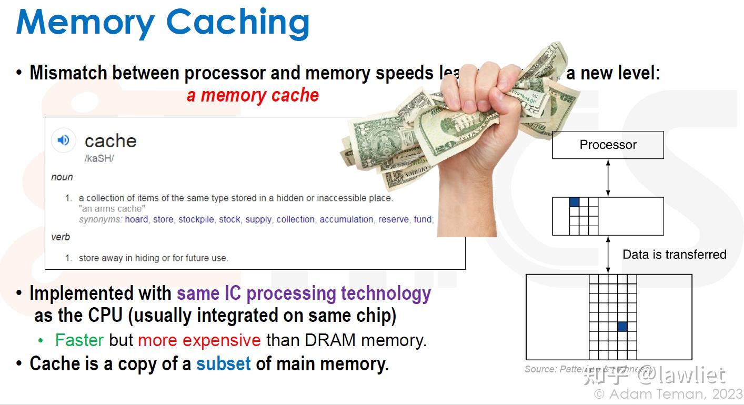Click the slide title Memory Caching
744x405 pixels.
(x=163, y=22)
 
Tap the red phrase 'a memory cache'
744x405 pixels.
(x=253, y=95)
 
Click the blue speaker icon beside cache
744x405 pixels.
(x=63, y=140)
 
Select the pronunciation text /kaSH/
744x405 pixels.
(x=99, y=158)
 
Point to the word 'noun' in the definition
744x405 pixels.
(x=62, y=177)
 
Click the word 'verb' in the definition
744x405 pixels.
(x=61, y=237)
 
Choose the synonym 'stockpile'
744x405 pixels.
(x=196, y=219)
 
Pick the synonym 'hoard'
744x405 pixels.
(x=136, y=219)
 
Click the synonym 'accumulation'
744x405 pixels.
(x=346, y=219)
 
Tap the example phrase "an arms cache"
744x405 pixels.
(x=112, y=209)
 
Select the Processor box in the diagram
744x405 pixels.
(x=608, y=145)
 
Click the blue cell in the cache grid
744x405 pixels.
(x=574, y=202)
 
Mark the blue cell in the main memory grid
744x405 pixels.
(x=622, y=327)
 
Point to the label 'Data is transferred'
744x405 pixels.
(x=674, y=255)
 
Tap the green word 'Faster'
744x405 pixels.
(x=79, y=340)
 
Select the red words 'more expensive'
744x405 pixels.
(x=199, y=340)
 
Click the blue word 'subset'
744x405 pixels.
(x=224, y=364)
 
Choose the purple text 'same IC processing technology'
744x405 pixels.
(x=304, y=293)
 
